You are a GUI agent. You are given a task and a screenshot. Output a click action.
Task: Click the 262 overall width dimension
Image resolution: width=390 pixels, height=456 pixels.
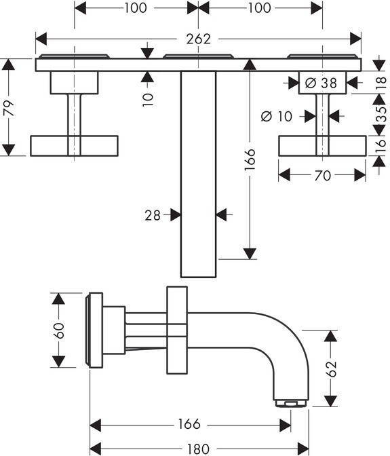(198, 39)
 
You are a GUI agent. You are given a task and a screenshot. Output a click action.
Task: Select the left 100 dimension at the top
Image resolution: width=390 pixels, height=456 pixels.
(136, 8)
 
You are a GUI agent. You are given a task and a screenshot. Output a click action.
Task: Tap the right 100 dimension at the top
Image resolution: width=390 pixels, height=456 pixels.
(260, 8)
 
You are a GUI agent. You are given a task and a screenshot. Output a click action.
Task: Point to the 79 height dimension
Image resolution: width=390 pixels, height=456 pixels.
(10, 108)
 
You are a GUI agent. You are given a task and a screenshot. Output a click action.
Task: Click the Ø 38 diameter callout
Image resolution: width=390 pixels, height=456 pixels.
(321, 83)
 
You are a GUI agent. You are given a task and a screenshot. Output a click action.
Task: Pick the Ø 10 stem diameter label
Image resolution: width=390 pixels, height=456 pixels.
(277, 117)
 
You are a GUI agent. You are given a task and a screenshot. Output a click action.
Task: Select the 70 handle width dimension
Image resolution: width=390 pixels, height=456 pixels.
(323, 175)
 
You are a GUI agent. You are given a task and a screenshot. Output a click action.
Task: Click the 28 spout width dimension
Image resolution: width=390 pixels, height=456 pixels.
(153, 216)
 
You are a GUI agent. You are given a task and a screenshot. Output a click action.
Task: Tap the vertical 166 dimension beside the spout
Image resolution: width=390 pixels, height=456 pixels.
(250, 159)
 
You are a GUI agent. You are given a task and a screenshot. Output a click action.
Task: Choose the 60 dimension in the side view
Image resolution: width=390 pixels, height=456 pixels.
(59, 330)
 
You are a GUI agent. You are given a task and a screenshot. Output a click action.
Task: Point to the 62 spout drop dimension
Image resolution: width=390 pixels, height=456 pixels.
(331, 368)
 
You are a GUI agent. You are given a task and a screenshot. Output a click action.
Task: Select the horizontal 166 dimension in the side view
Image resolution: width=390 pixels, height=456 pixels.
(189, 424)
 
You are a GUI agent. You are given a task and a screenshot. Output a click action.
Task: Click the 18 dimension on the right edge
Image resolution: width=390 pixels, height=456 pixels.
(381, 83)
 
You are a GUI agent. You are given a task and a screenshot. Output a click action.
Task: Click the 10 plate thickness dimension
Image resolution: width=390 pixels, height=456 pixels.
(148, 100)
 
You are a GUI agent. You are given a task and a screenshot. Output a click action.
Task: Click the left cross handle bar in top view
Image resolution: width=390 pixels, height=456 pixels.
(74, 146)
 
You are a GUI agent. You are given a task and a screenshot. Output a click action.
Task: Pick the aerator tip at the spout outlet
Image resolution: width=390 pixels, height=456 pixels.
(291, 403)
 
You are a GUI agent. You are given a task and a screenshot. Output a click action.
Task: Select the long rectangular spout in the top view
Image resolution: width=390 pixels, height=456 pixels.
(199, 174)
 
